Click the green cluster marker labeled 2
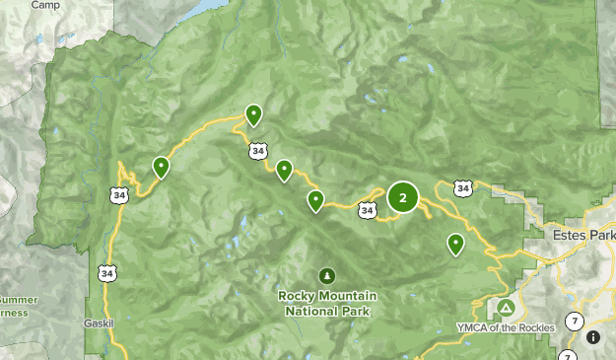[x=402, y=197]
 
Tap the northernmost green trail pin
[x=253, y=115]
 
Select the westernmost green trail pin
[x=161, y=167]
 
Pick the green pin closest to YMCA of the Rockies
[x=455, y=243]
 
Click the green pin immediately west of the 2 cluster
[x=315, y=201]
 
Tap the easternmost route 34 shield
[x=462, y=186]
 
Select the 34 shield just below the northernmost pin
[x=257, y=152]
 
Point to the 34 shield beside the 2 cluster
[x=367, y=209]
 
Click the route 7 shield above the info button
[x=576, y=322]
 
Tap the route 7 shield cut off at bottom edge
[x=568, y=356]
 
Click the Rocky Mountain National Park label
[x=325, y=303]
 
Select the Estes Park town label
[x=586, y=237]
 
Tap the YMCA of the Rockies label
[x=506, y=326]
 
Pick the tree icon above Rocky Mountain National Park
[x=326, y=275]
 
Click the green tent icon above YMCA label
[x=506, y=307]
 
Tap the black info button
[x=593, y=337]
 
